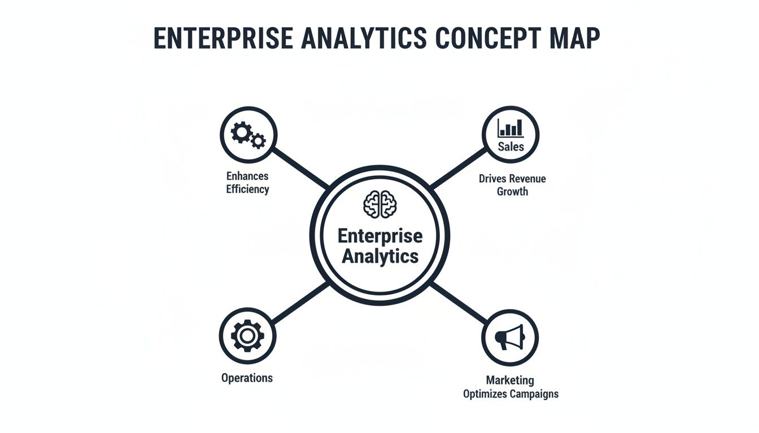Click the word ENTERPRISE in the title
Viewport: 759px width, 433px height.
click(x=223, y=38)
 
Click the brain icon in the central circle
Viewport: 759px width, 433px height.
click(x=380, y=204)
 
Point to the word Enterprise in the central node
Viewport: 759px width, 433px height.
click(x=380, y=236)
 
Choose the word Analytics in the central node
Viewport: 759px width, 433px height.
click(x=380, y=256)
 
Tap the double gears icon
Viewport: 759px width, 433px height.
click(x=248, y=135)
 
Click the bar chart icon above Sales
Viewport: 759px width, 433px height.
click(x=511, y=127)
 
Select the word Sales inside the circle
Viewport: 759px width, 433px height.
click(x=511, y=147)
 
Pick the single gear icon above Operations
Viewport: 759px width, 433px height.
click(x=247, y=337)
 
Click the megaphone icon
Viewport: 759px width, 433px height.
click(x=510, y=337)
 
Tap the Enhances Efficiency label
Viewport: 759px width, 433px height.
click(x=247, y=183)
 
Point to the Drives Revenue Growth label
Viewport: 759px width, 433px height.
click(x=512, y=185)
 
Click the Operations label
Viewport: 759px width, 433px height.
click(x=247, y=378)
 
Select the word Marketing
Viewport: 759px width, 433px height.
click(x=510, y=381)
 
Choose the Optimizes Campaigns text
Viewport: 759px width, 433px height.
click(x=511, y=394)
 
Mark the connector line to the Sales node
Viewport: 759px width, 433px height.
click(x=459, y=168)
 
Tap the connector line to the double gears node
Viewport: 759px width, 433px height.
click(x=300, y=168)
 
